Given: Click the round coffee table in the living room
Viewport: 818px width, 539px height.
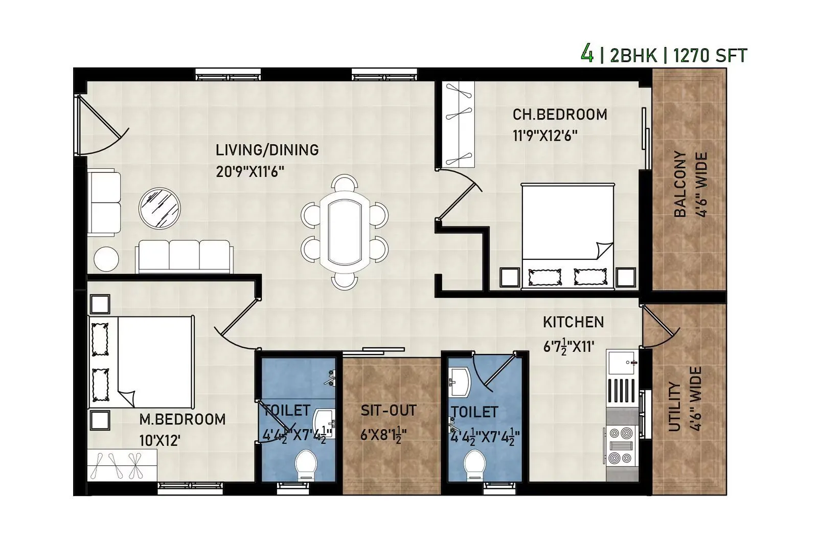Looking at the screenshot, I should point(160,209).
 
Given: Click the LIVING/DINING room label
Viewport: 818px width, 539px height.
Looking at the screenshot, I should point(267,150).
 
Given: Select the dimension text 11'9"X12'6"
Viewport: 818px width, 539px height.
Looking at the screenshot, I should point(545,136).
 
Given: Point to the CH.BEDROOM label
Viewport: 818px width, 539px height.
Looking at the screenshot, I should point(560,115).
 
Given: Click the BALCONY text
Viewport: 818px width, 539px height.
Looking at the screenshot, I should point(680,184).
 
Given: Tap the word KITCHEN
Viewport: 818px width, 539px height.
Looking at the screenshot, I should point(573,322).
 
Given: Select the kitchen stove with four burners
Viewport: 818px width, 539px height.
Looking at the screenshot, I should point(621,445).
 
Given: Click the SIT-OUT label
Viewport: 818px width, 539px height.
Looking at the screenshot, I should point(389,410).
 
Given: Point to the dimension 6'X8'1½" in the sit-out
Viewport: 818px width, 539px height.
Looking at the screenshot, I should point(383,435).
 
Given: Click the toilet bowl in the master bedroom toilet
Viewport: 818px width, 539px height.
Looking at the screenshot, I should point(306,464).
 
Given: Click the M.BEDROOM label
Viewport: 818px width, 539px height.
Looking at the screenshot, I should point(182,419).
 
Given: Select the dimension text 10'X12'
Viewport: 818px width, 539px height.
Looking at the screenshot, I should point(160,440).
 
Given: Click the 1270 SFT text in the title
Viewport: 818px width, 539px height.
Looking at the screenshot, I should point(710,55).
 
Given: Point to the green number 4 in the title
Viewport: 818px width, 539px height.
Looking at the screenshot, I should point(587,53).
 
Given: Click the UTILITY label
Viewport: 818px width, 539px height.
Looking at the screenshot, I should point(674,407).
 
